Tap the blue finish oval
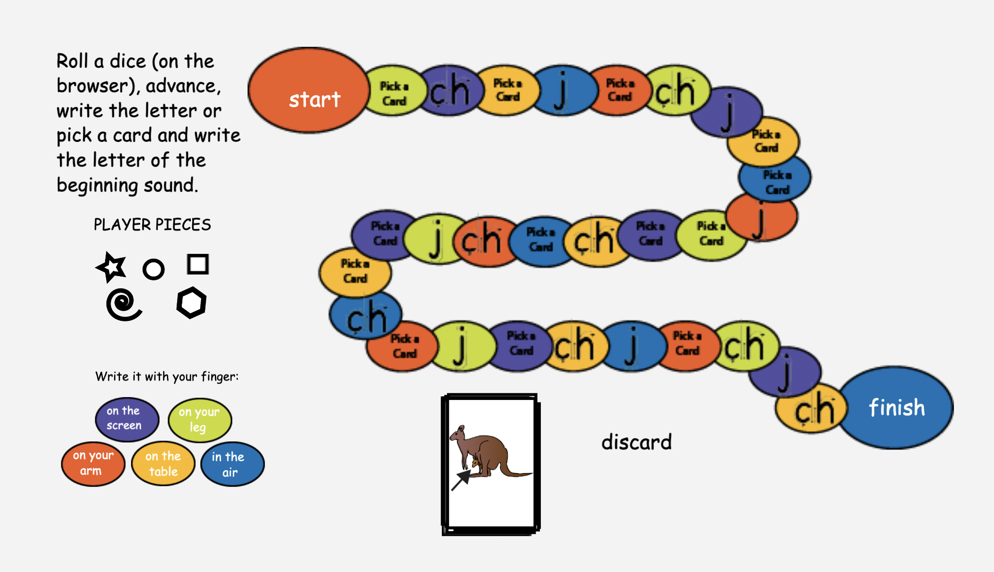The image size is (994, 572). tap(896, 408)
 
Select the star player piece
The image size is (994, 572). tap(112, 267)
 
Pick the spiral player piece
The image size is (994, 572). tap(123, 304)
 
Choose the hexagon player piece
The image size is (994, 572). tap(191, 302)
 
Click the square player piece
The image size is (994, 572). tap(198, 264)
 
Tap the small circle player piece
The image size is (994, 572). tap(154, 270)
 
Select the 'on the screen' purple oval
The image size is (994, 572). tap(126, 419)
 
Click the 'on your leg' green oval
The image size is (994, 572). tap(200, 419)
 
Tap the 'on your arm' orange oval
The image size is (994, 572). tap(93, 464)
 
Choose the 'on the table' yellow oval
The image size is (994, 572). tap(163, 464)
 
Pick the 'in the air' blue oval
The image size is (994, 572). tap(232, 464)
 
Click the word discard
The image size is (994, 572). tap(636, 442)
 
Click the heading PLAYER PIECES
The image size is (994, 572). tap(152, 225)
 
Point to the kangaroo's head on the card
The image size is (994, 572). tap(458, 432)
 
